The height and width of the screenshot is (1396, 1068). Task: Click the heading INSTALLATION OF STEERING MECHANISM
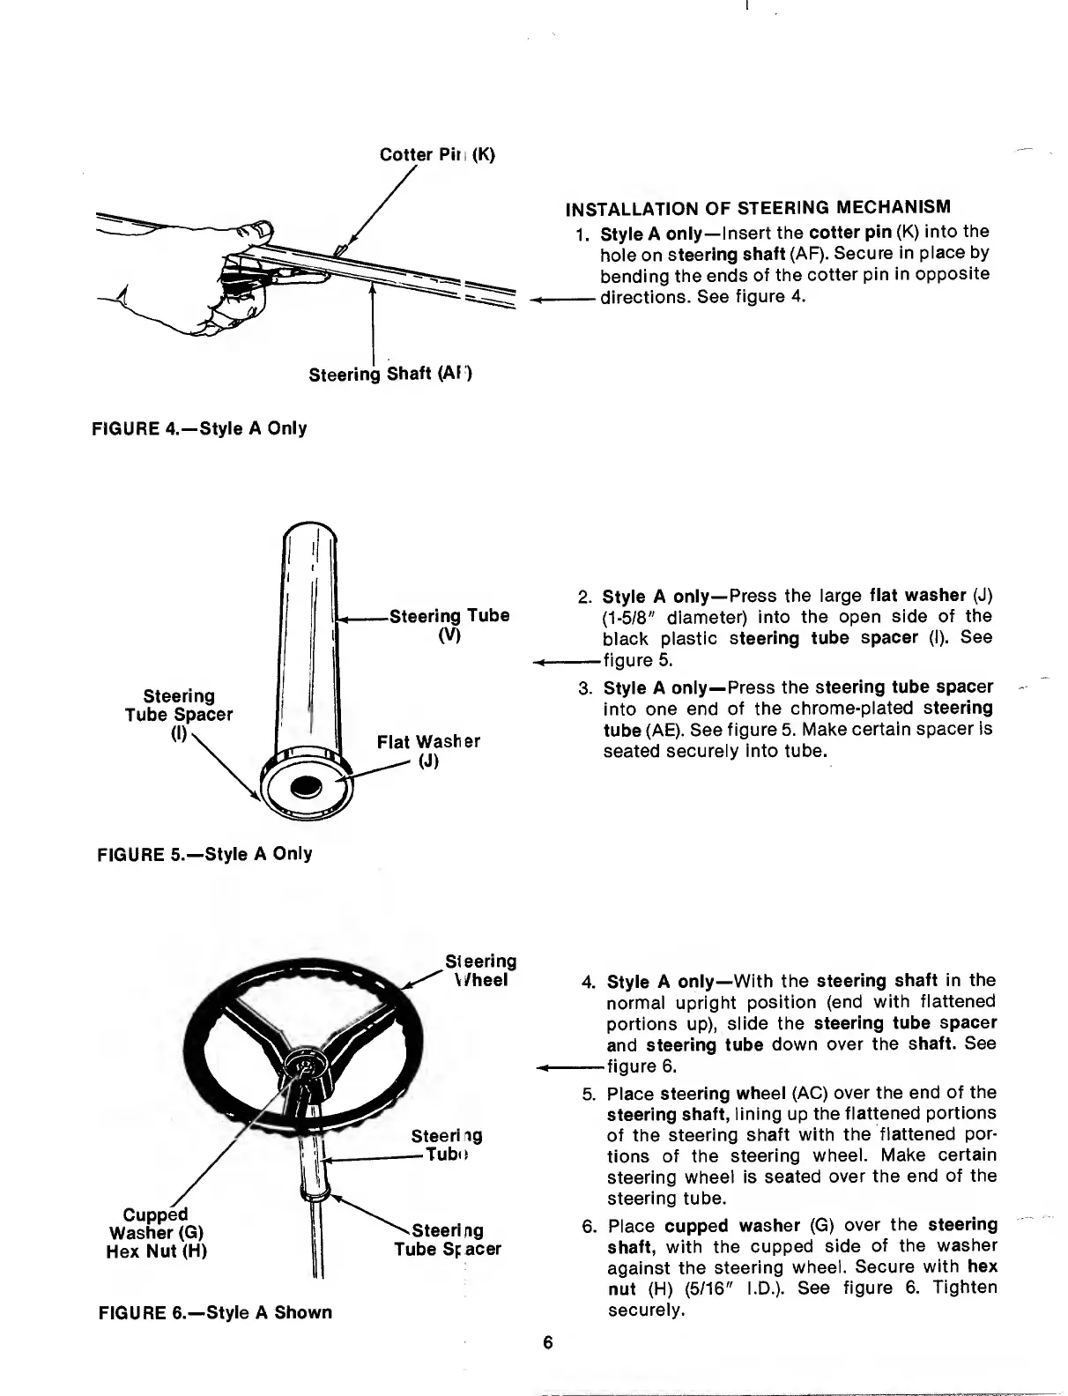click(757, 208)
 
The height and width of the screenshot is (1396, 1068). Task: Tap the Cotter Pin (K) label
click(437, 155)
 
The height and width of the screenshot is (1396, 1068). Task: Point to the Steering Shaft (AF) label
click(390, 375)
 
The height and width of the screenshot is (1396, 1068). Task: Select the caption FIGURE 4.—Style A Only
click(199, 429)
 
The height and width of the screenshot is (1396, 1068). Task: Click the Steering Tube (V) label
click(449, 625)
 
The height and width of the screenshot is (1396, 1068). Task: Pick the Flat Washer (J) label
click(428, 751)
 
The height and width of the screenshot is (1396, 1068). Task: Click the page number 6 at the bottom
click(548, 1343)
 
